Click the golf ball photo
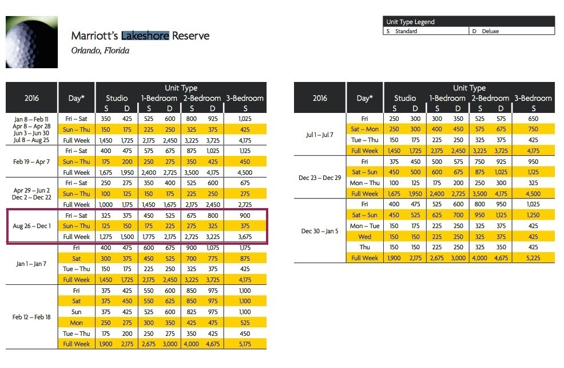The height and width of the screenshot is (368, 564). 31,42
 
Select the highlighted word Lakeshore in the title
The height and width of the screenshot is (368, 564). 145,36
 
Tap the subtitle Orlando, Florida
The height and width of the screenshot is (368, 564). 100,50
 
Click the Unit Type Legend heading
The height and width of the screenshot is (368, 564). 410,22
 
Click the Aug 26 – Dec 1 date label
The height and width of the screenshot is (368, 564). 31,226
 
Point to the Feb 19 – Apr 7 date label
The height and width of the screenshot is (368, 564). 31,162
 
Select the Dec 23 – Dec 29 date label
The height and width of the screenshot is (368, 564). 320,178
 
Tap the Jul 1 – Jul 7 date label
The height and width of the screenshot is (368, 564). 320,135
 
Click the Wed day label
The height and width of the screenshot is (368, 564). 365,237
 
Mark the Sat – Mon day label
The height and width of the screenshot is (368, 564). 365,129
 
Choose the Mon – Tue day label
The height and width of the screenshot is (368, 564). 365,226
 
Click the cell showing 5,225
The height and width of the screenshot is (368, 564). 533,258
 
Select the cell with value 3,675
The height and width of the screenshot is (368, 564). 245,237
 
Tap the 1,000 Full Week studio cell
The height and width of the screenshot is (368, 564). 106,205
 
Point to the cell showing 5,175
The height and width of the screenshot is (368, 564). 245,344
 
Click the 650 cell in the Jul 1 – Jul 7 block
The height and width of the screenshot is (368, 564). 533,119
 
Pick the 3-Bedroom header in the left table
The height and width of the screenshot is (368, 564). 245,98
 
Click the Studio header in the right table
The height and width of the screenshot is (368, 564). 405,98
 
